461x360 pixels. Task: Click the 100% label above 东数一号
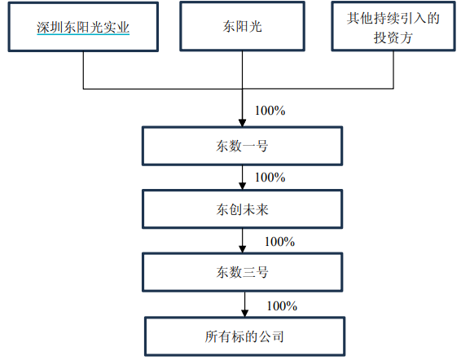click(270, 111)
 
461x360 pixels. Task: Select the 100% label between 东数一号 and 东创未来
click(270, 178)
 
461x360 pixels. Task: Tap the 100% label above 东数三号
click(279, 242)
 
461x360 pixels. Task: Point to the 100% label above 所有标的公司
click(282, 306)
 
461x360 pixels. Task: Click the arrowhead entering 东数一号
click(242, 123)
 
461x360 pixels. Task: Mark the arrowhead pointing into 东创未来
click(242, 186)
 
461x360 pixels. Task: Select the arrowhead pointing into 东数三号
click(242, 249)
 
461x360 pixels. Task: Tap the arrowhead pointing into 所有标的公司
click(244, 313)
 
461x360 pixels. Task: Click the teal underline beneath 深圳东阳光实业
click(83, 34)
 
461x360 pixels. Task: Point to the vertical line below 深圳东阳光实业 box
click(83, 70)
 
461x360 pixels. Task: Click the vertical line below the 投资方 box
click(393, 70)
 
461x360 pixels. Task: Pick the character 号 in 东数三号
click(262, 272)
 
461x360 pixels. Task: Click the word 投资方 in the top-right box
click(393, 37)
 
